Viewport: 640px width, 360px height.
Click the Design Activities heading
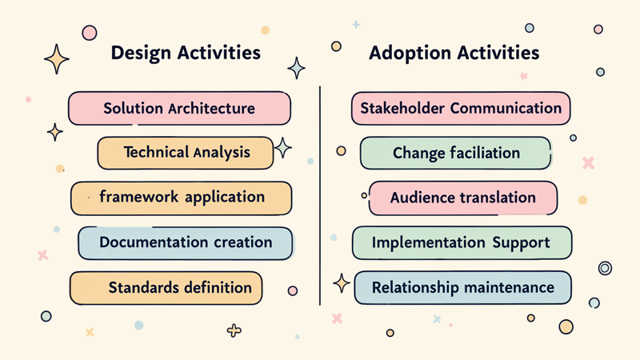coord(186,54)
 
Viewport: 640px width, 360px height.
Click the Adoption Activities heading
coord(454,54)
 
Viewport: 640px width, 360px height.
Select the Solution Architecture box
coord(178,108)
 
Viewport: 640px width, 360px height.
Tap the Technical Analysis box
coord(186,152)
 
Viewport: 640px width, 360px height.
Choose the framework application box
coord(181,198)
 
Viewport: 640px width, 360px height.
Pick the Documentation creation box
coord(186,242)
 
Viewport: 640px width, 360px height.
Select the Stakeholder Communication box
coord(460,108)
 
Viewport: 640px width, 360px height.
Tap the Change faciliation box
coord(455,153)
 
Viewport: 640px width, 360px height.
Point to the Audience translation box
coord(462,198)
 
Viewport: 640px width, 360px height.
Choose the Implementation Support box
coord(462,242)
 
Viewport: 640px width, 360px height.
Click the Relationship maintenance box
coord(462,287)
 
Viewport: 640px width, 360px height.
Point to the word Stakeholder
coord(402,108)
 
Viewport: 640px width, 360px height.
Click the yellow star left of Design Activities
coord(57,58)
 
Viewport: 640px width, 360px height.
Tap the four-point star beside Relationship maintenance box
coord(342,282)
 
